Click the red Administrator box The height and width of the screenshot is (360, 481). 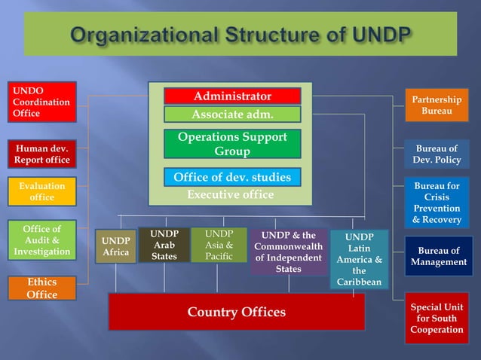[232, 96]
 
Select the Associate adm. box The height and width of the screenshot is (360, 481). [232, 114]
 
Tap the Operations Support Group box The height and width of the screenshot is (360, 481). [232, 144]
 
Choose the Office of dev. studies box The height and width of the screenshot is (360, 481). [232, 178]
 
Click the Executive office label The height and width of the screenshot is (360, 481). [230, 194]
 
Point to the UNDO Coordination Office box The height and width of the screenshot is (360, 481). [42, 102]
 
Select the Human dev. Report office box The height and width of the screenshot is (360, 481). [42, 154]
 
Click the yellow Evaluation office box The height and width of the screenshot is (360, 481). [42, 191]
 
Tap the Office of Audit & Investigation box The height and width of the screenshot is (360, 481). [42, 240]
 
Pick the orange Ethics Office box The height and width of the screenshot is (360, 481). [42, 288]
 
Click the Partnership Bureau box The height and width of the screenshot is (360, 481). [437, 105]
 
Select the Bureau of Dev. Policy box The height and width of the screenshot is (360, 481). [437, 154]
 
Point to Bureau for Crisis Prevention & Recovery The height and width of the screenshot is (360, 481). [437, 203]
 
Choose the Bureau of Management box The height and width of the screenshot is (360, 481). [438, 256]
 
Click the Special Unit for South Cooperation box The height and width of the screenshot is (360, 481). [437, 318]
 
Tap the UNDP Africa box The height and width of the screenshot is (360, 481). [115, 246]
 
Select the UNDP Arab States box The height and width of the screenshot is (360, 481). [164, 246]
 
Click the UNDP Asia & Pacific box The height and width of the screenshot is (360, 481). [219, 246]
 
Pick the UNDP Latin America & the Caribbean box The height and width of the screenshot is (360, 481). [360, 259]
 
